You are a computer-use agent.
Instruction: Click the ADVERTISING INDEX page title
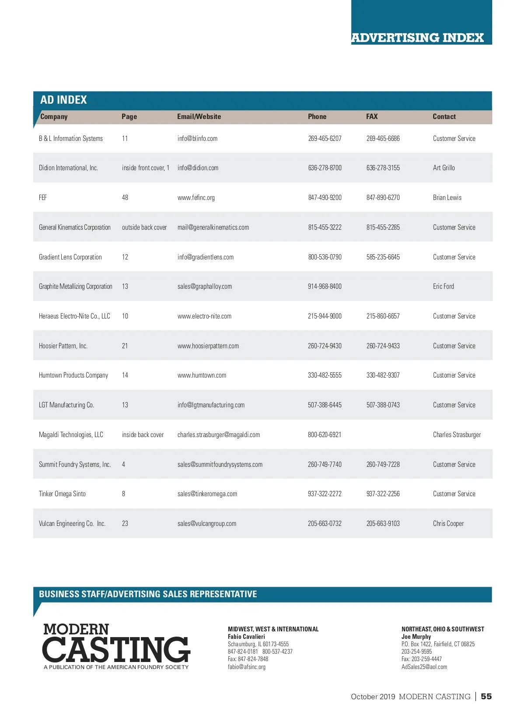coord(417,38)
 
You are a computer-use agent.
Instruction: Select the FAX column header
coord(372,116)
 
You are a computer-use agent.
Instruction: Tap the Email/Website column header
coord(199,116)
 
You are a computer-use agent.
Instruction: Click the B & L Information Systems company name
coord(71,139)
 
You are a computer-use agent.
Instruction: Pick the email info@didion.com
coord(198,168)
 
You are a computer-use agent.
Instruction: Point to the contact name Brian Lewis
coord(447,198)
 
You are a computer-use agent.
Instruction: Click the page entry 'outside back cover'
coord(144,228)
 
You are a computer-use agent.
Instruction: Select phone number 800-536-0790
coord(325,257)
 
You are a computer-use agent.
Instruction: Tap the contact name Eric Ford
coord(444,287)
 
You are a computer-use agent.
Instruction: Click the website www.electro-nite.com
coord(204,316)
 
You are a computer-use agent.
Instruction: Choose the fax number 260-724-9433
coord(383,346)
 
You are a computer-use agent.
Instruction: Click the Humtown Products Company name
coord(73,375)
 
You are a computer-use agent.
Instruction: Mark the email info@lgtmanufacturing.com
coord(211,405)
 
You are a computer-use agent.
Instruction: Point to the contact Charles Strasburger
coord(457,435)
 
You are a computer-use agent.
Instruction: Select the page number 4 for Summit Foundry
coord(123,465)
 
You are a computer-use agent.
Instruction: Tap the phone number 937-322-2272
coord(325,494)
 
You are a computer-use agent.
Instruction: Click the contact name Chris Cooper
coord(448,524)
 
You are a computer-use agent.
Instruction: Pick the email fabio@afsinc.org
coord(247,667)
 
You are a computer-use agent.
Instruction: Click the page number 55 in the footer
coord(486,697)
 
